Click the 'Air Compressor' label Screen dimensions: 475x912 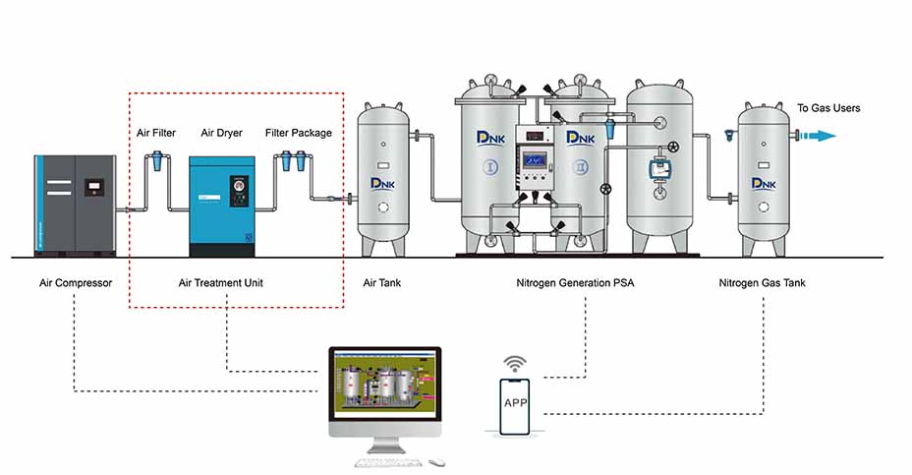click(x=75, y=283)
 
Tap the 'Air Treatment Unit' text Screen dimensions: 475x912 click(x=220, y=283)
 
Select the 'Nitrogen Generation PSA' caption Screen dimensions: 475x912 click(x=575, y=283)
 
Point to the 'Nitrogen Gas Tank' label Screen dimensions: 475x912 click(x=762, y=283)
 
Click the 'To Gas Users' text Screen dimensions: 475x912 click(x=828, y=108)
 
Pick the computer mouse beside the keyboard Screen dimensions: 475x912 click(x=436, y=461)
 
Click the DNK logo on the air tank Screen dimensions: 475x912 click(x=382, y=182)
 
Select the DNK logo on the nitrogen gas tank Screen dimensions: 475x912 click(x=764, y=182)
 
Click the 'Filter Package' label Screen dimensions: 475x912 click(x=299, y=133)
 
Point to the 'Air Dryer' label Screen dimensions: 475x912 click(x=221, y=133)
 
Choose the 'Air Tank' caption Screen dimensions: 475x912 click(x=382, y=283)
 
